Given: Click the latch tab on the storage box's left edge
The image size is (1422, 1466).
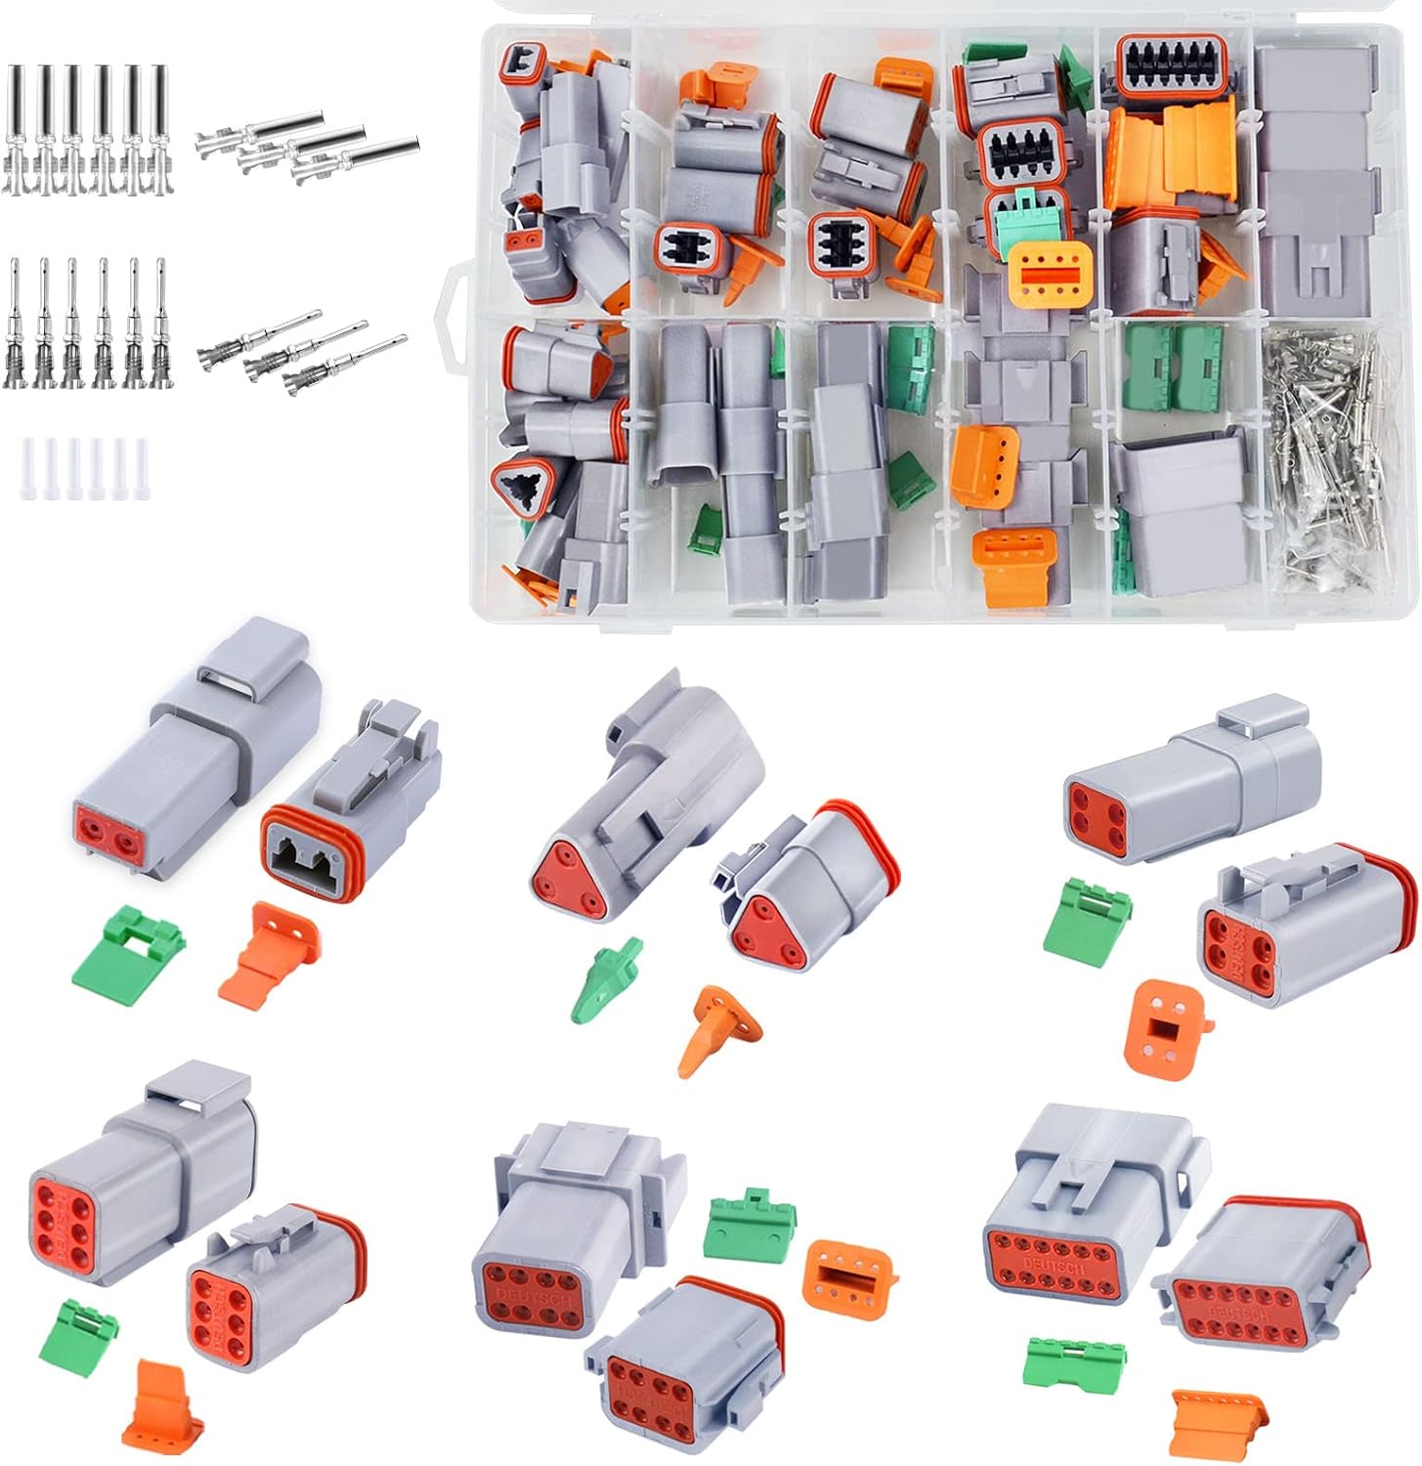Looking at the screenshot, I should [455, 292].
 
